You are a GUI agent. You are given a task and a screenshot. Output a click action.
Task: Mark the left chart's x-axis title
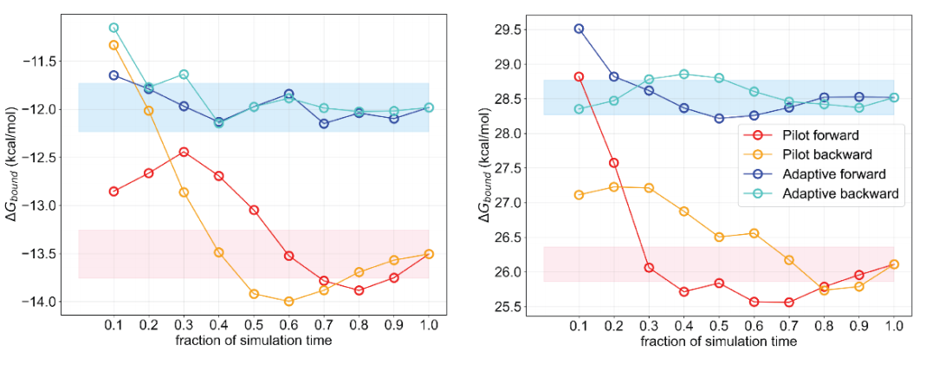click(254, 341)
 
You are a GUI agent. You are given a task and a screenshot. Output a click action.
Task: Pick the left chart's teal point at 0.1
click(113, 28)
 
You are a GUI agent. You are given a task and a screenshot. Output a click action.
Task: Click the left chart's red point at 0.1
click(113, 191)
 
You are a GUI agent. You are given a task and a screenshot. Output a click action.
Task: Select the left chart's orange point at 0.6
click(288, 301)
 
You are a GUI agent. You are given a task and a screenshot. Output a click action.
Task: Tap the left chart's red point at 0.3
click(184, 152)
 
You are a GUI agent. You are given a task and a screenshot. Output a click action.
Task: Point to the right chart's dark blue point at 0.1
click(580, 29)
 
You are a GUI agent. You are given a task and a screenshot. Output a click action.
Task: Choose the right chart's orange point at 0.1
click(580, 195)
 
